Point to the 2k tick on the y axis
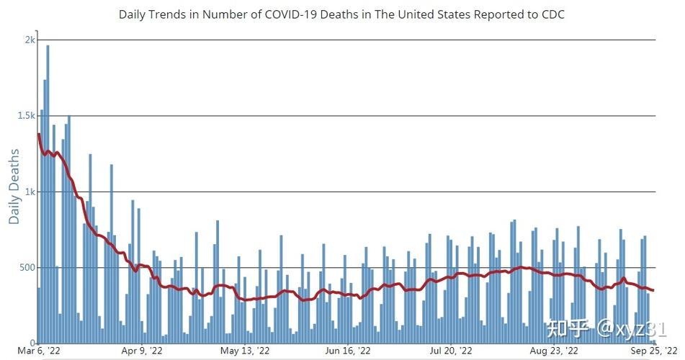(x=29, y=40)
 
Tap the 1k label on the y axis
(x=29, y=192)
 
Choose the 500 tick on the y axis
(x=26, y=268)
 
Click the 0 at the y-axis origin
(x=32, y=343)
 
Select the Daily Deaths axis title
(x=14, y=186)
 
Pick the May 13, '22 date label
(x=245, y=351)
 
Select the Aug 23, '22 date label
(x=552, y=351)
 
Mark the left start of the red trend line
(x=38, y=134)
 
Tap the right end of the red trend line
(x=653, y=291)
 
